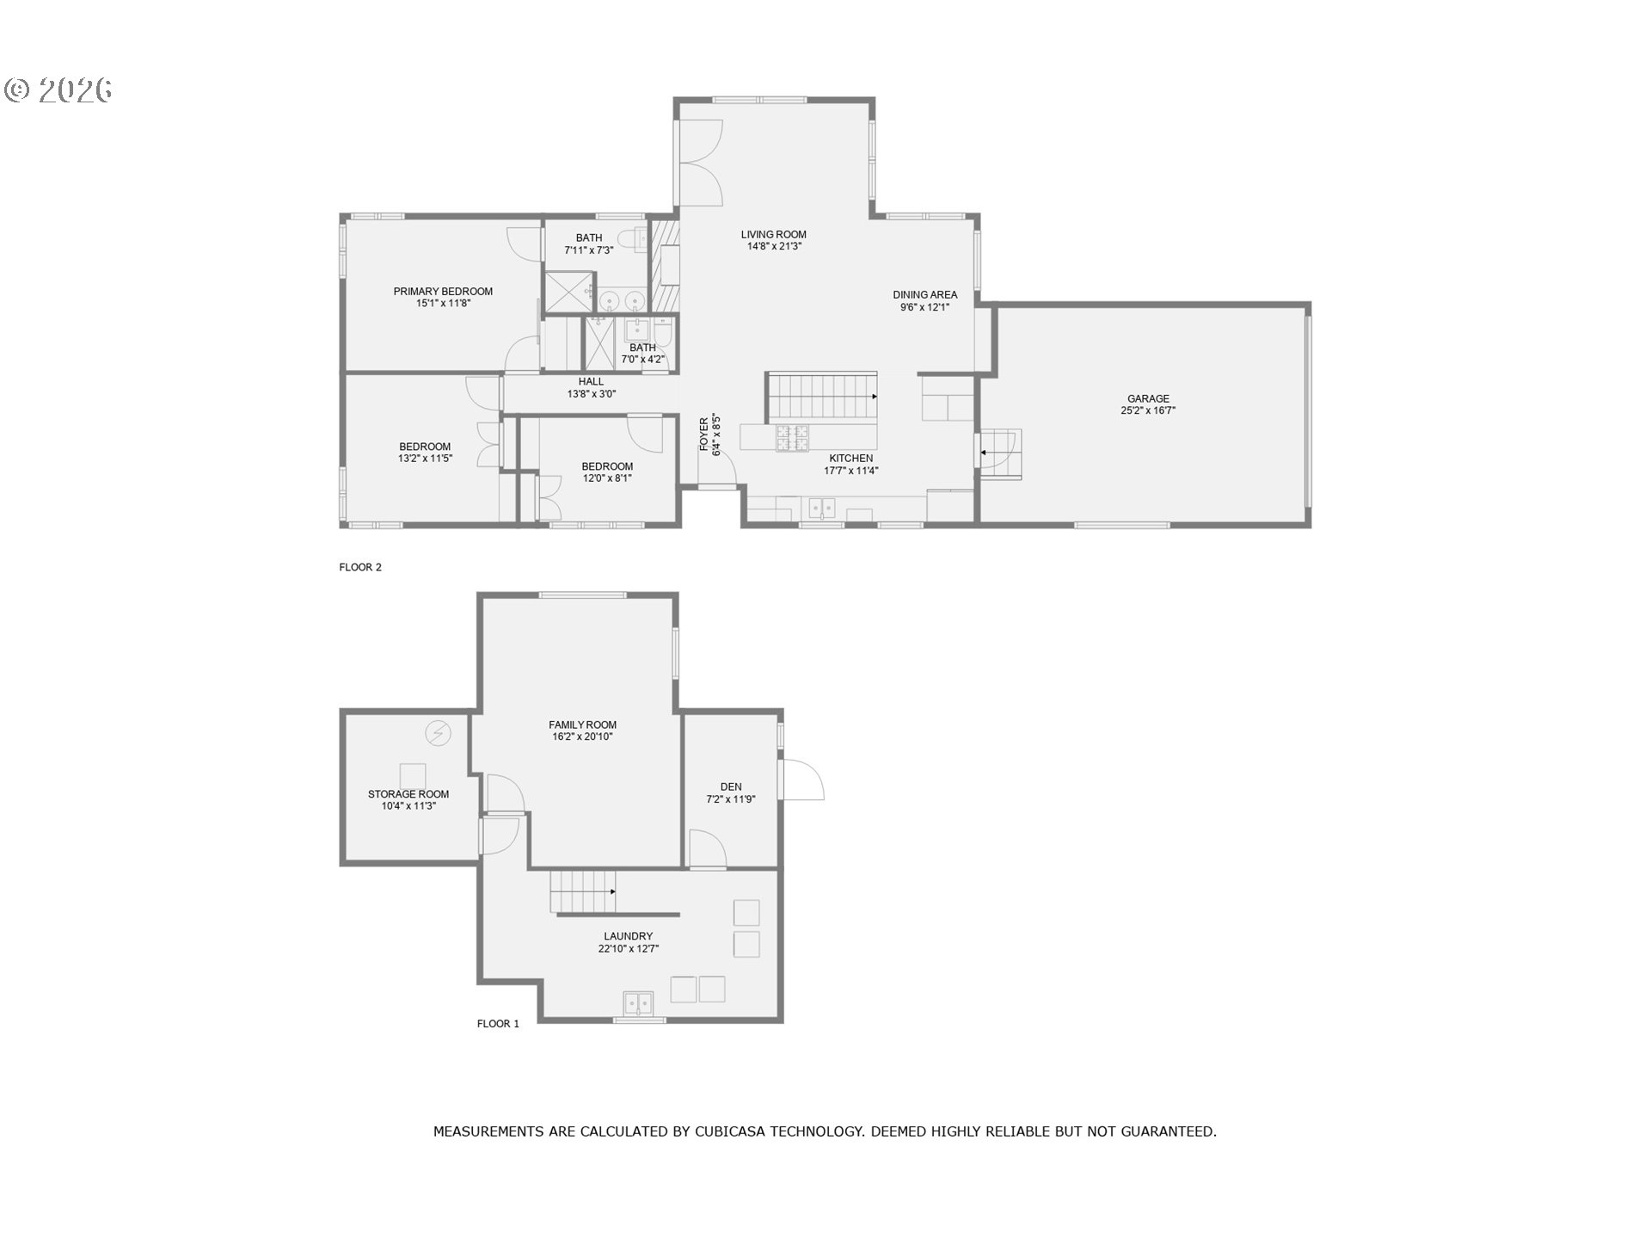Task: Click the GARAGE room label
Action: (1148, 399)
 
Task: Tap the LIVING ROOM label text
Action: (773, 235)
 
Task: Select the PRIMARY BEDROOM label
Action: (443, 292)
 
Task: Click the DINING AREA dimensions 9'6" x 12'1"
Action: (924, 307)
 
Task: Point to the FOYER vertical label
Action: (704, 435)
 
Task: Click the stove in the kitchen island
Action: (792, 438)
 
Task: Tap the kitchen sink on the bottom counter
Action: (822, 508)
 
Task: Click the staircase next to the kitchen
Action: (821, 396)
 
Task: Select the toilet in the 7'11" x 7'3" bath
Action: (636, 239)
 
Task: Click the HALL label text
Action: (591, 382)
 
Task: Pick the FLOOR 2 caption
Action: (360, 567)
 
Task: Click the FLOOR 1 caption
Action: (498, 1024)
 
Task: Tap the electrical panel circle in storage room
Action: (438, 733)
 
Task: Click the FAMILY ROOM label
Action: (582, 725)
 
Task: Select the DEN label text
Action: (731, 787)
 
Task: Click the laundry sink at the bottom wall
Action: (638, 1003)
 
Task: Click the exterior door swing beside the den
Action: (802, 780)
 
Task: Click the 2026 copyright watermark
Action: (58, 90)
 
